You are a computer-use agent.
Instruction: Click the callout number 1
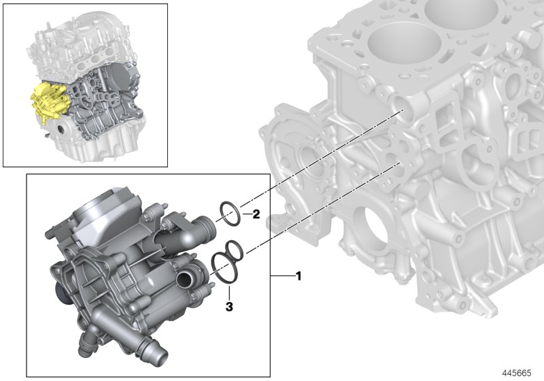[297, 276]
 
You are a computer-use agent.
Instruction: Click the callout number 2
[256, 215]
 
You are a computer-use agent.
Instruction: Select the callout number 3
[229, 308]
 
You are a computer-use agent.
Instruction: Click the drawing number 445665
[519, 373]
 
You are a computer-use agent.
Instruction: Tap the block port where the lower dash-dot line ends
[397, 163]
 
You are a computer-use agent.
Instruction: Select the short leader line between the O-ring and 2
[245, 214]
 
